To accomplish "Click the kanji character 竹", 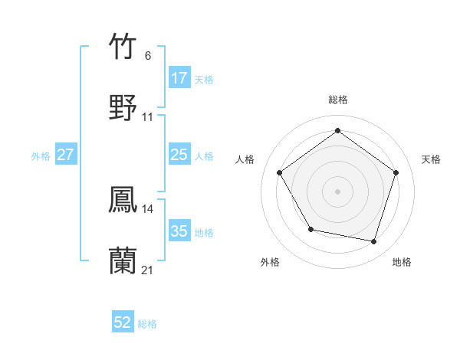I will (123, 47).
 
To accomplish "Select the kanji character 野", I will (123, 108).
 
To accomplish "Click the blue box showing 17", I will (179, 78).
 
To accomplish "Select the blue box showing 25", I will (179, 155).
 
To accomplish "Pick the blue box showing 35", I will (179, 231).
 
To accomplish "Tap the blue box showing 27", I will (66, 155).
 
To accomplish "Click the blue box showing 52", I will (123, 322).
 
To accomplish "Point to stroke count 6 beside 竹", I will (148, 56).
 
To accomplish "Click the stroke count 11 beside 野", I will (148, 117).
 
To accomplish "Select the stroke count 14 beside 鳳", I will (148, 209).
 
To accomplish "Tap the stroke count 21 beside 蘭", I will (148, 270).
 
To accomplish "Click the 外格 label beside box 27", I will (41, 155).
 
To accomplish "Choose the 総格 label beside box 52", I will (147, 324).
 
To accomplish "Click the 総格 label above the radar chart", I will (337, 100).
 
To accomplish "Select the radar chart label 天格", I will (431, 159).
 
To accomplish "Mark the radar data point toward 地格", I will (373, 241).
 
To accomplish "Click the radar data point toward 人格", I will (280, 172).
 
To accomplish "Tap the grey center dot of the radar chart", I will (337, 191).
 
